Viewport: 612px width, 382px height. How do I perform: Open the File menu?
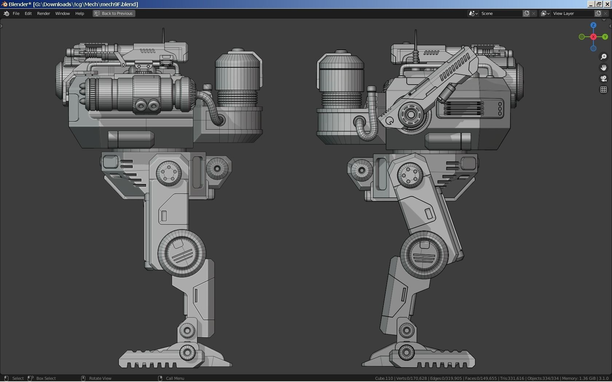[x=16, y=13]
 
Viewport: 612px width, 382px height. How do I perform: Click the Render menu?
[x=43, y=13]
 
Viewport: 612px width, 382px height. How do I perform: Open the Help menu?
[x=79, y=13]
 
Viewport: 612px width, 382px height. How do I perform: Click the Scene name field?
[x=501, y=13]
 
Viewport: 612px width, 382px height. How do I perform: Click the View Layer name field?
[x=572, y=13]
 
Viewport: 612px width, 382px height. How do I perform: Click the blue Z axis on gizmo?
[x=593, y=25]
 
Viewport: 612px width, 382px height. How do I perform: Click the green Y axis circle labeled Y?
[x=605, y=37]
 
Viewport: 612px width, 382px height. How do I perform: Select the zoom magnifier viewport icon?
[x=604, y=57]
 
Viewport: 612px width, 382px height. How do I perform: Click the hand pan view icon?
[x=604, y=68]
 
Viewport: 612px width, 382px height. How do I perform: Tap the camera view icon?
[x=604, y=79]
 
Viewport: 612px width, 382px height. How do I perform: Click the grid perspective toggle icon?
[x=604, y=89]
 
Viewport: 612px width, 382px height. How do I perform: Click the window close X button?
[x=607, y=4]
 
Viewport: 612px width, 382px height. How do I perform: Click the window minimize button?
[x=591, y=4]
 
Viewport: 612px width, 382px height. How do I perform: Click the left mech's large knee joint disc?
[x=181, y=253]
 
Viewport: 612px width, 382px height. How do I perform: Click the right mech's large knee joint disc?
[x=424, y=254]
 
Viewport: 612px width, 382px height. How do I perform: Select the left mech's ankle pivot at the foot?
[x=187, y=352]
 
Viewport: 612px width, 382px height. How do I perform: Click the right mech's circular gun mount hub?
[x=411, y=115]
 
